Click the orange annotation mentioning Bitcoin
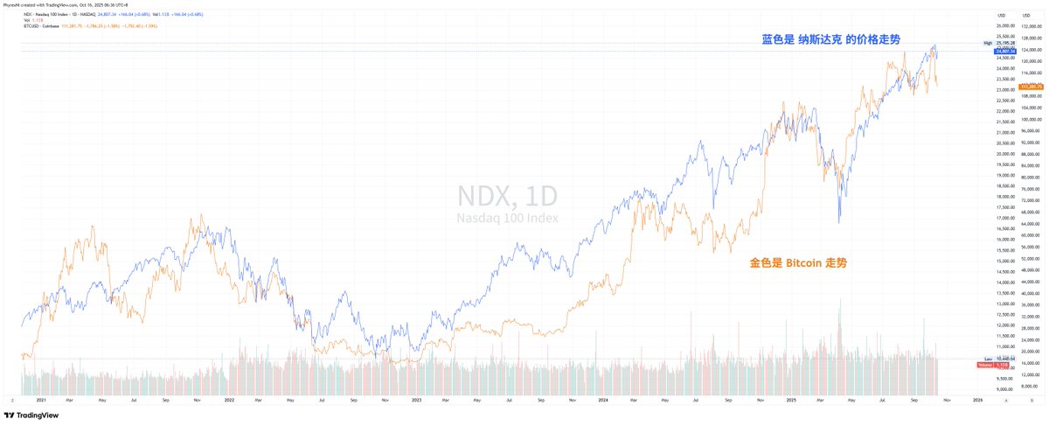click(x=798, y=262)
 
